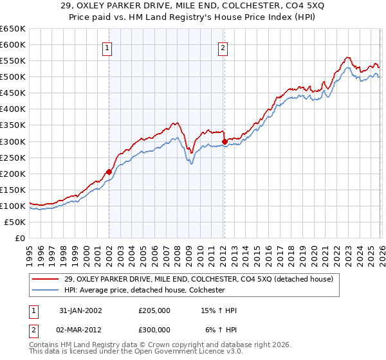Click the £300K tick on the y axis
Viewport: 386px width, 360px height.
(x=13, y=141)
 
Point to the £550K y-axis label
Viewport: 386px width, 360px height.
(x=13, y=61)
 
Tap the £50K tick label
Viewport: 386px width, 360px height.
(x=15, y=222)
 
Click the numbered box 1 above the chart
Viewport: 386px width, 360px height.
(x=107, y=47)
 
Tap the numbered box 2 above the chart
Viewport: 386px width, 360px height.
(x=222, y=47)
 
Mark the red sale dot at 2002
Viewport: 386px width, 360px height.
(x=109, y=172)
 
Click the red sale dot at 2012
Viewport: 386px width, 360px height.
(x=225, y=141)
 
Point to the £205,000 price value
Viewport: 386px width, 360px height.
(x=154, y=310)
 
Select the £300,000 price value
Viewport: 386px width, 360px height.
(x=154, y=330)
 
